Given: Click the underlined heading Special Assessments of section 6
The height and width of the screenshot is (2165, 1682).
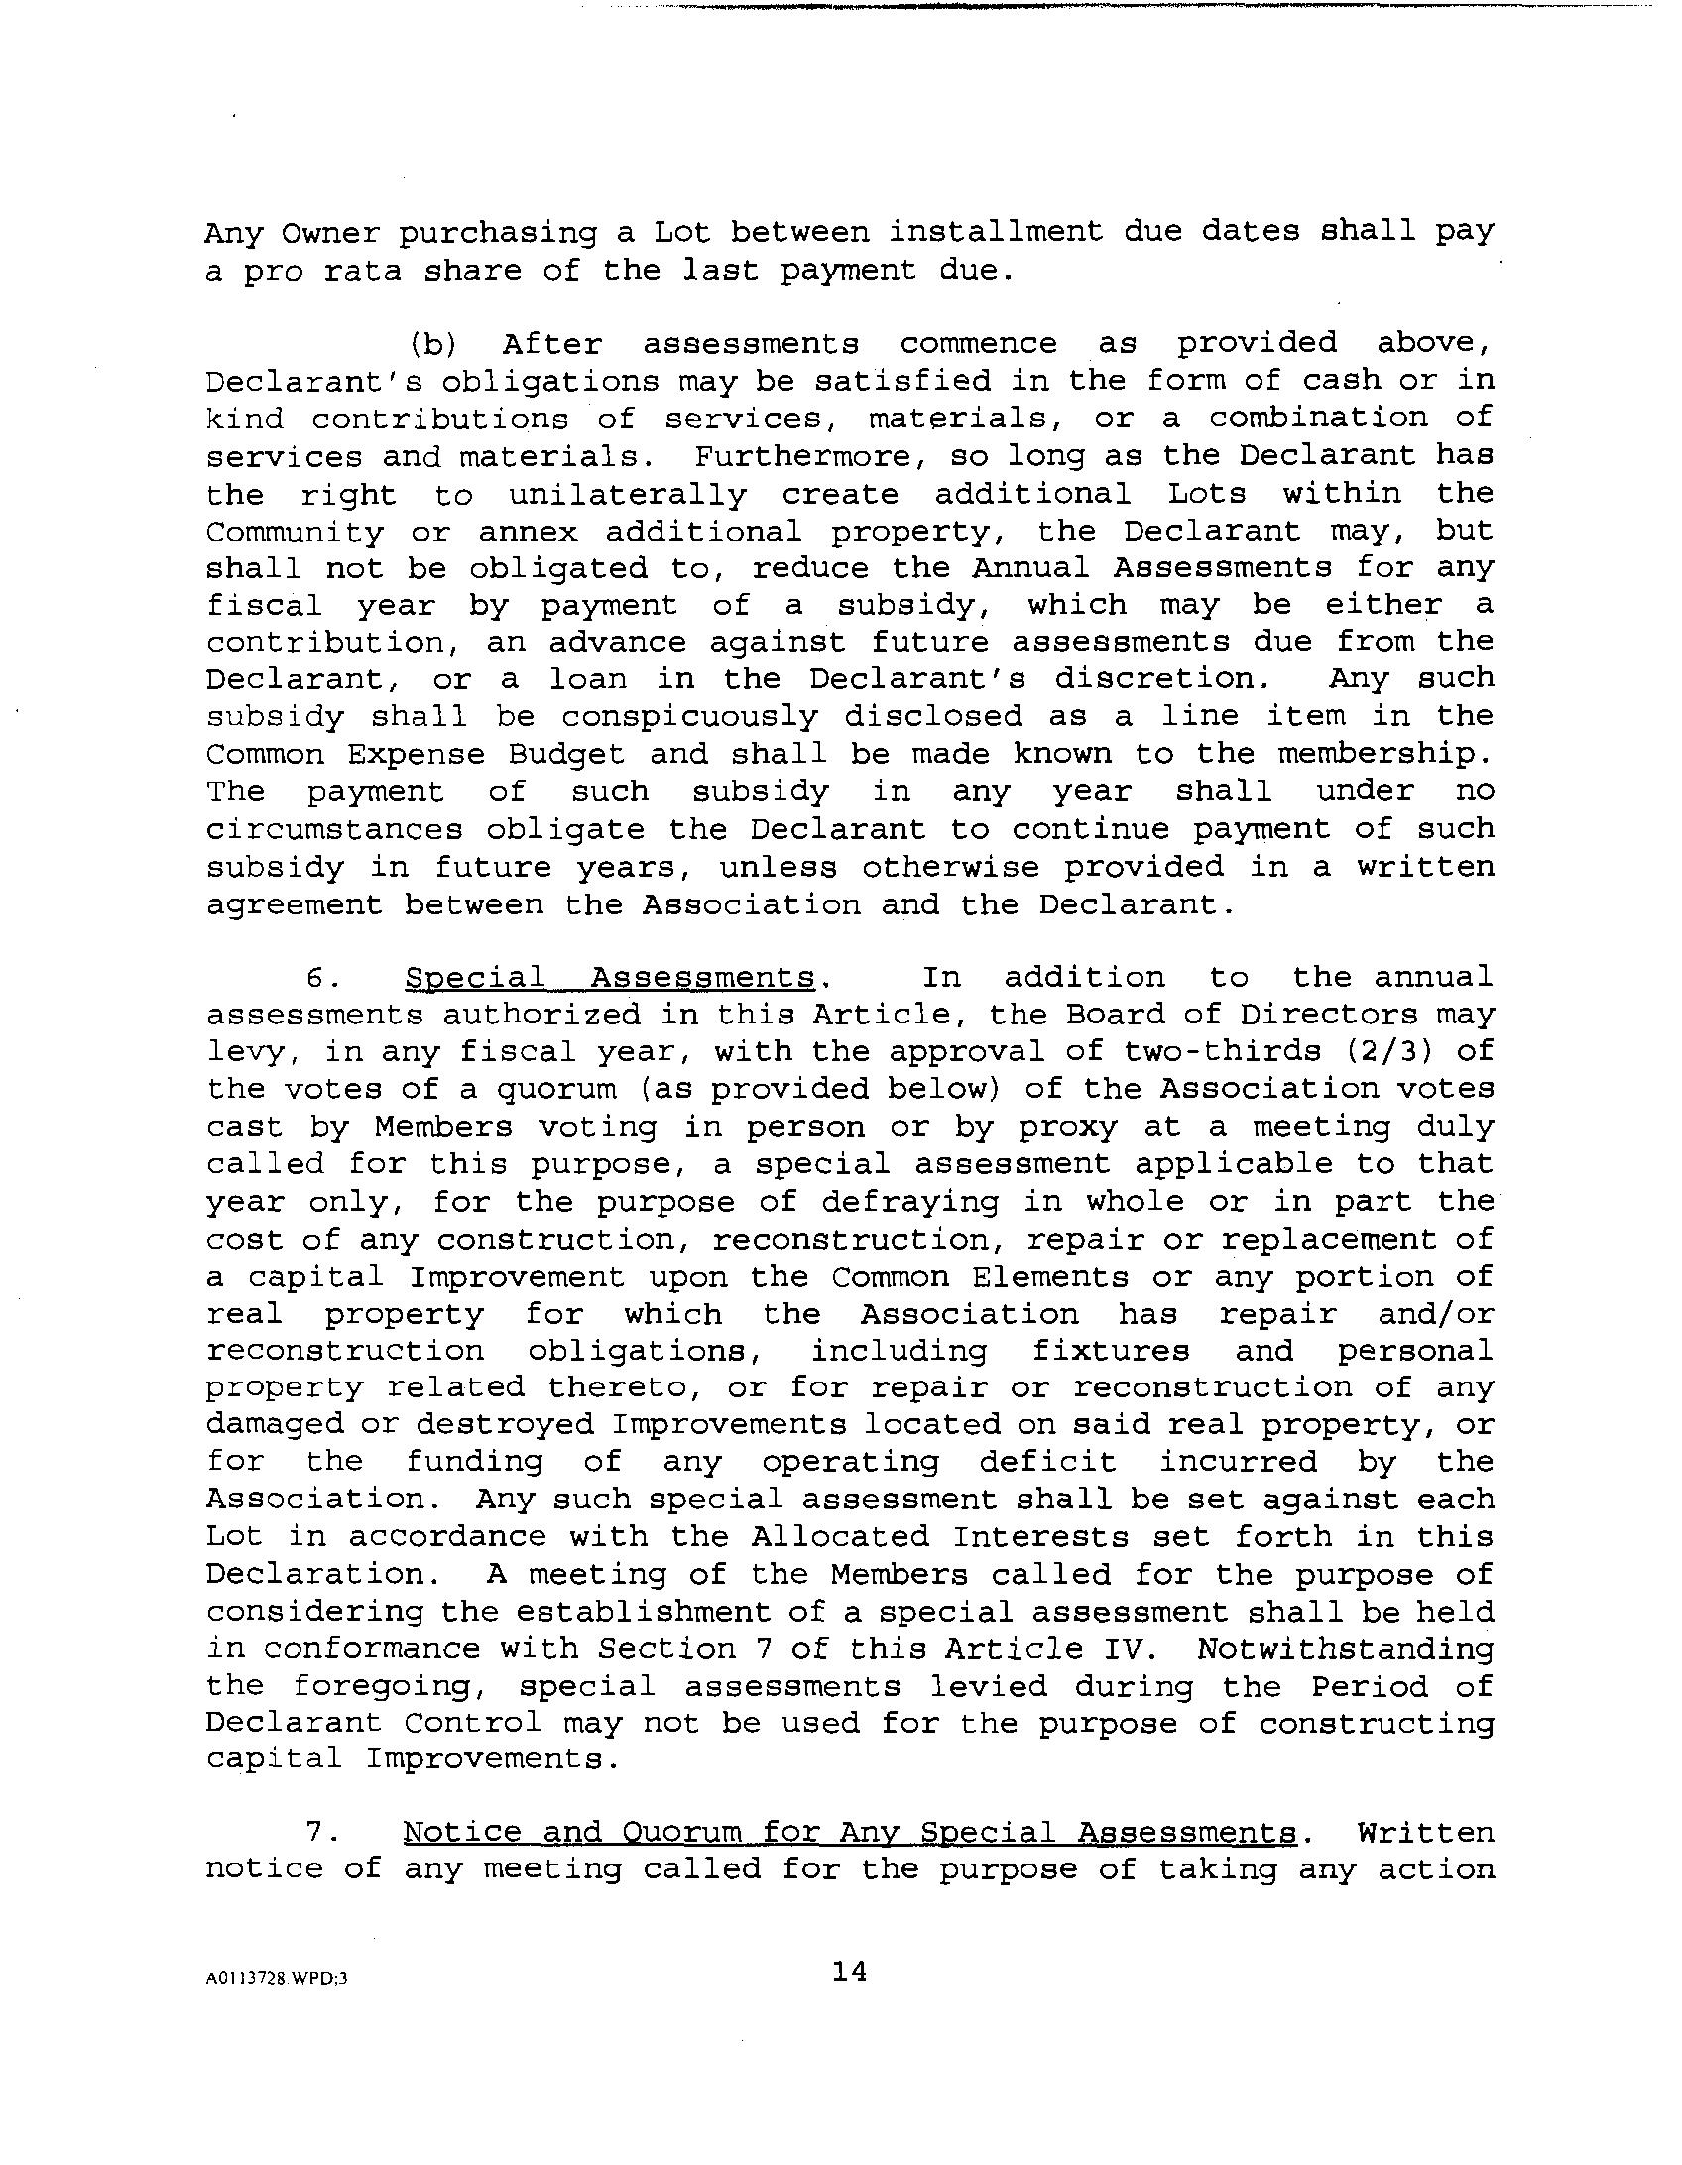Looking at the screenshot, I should click(609, 978).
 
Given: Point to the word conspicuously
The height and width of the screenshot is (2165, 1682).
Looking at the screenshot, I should click(689, 717).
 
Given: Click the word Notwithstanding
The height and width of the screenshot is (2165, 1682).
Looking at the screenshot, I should click(1345, 1648).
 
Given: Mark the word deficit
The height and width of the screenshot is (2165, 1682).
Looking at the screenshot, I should click(1047, 1462).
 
